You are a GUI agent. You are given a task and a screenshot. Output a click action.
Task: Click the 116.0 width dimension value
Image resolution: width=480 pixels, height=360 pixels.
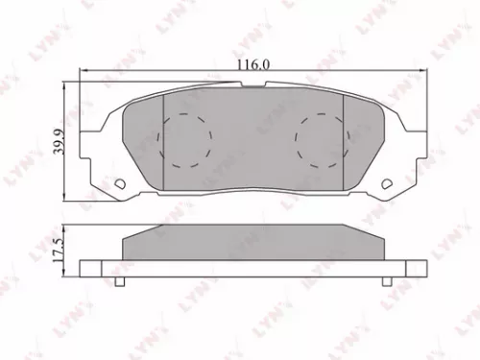[254, 64]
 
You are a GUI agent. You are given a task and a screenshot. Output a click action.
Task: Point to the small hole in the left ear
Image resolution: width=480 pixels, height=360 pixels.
[119, 185]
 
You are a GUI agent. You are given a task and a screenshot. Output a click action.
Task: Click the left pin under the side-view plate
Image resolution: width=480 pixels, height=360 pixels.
[119, 282]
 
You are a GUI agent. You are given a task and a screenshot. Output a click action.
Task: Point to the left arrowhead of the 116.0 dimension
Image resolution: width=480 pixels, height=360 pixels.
[85, 72]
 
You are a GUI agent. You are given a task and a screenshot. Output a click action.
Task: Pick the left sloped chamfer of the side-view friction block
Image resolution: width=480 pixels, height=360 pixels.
[131, 243]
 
